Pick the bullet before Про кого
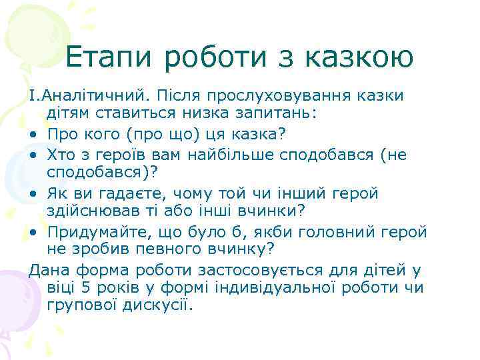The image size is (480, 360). pos(33,135)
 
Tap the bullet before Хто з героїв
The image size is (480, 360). pos(33,155)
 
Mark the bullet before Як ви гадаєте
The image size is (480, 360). pos(33,194)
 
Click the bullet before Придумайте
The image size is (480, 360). pos(33,232)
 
